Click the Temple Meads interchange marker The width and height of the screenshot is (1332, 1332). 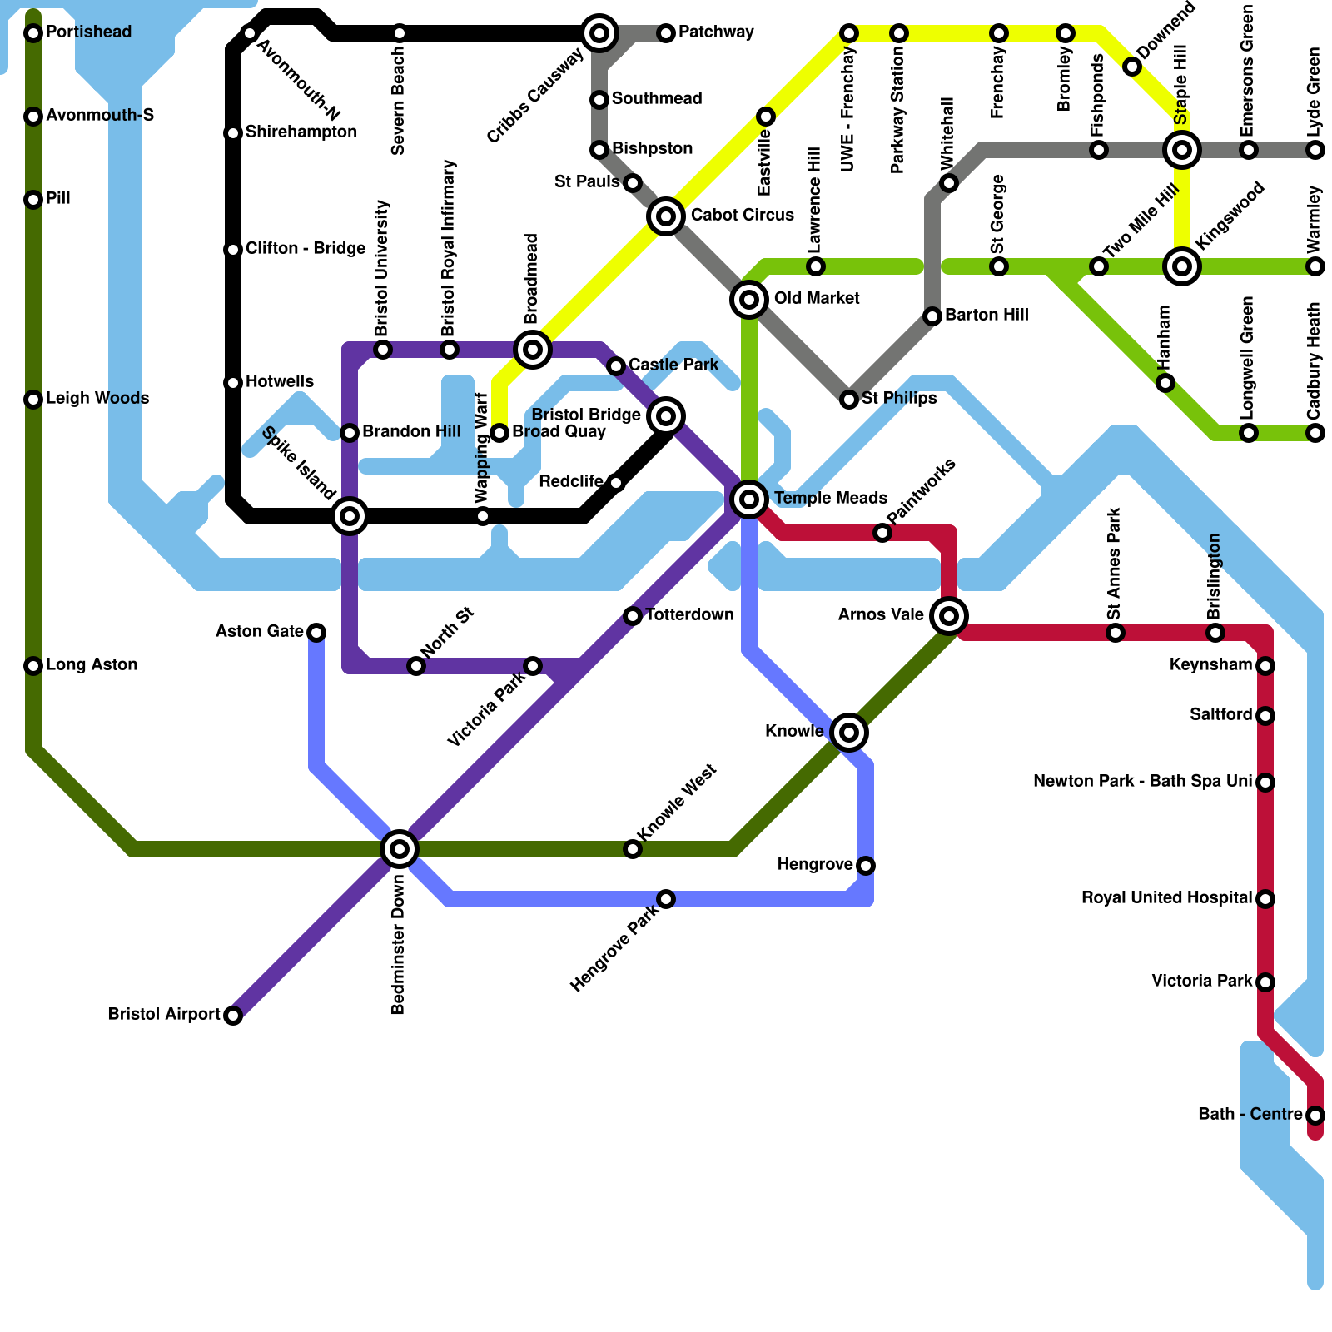(749, 499)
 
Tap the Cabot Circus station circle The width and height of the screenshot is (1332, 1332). (666, 216)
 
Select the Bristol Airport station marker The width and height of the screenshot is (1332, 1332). (233, 1016)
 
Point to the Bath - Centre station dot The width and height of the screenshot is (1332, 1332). (1315, 1116)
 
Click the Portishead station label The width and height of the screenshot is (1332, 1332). (88, 32)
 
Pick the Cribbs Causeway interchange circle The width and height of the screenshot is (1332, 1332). (599, 33)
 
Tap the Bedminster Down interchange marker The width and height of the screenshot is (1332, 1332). (400, 849)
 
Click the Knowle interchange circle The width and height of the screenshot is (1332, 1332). (849, 733)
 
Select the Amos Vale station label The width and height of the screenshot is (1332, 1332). (881, 615)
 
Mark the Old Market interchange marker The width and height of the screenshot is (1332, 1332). (749, 300)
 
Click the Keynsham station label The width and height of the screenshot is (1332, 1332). (1210, 665)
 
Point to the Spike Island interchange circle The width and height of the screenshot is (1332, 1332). (350, 516)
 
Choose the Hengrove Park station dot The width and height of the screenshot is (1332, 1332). (666, 899)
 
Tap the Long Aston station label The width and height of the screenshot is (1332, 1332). (92, 665)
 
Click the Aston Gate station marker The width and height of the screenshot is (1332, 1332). (316, 633)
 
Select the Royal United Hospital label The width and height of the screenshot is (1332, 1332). (1166, 898)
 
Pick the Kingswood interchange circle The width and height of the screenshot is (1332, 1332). (1182, 266)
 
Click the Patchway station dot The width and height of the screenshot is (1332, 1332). (666, 33)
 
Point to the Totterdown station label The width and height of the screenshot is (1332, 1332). (689, 615)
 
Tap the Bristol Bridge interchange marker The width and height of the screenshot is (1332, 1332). (666, 416)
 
